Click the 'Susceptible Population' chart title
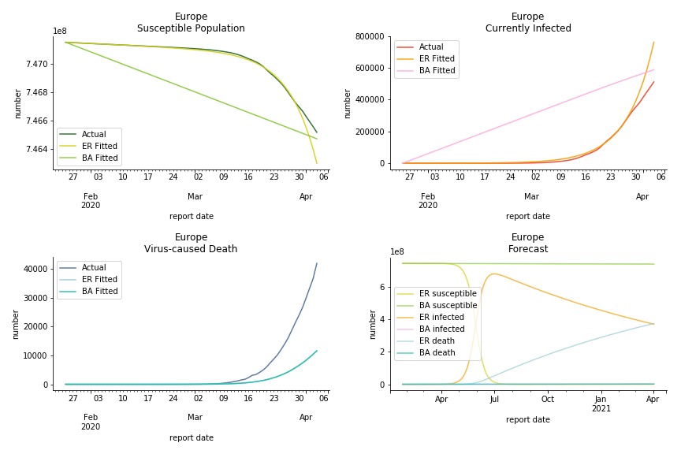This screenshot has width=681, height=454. tap(191, 28)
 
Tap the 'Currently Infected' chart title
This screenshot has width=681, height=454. tap(528, 28)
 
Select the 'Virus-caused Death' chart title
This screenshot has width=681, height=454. tap(191, 249)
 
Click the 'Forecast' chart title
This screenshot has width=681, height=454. tap(528, 249)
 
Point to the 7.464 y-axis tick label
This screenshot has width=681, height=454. tap(37, 149)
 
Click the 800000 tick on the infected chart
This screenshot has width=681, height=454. tap(369, 36)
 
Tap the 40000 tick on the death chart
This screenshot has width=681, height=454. tap(32, 269)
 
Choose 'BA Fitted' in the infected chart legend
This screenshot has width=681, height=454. tap(437, 71)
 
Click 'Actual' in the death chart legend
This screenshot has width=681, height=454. tap(95, 268)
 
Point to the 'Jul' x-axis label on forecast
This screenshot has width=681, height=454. tap(494, 400)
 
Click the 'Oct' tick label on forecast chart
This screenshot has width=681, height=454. tap(548, 400)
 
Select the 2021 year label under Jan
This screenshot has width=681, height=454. tap(601, 408)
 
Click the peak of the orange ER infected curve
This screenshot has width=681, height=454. tap(494, 274)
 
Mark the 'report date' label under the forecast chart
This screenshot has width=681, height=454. tap(528, 420)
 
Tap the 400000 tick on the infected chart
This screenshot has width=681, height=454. tap(369, 100)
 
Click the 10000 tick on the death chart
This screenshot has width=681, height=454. tap(32, 355)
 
